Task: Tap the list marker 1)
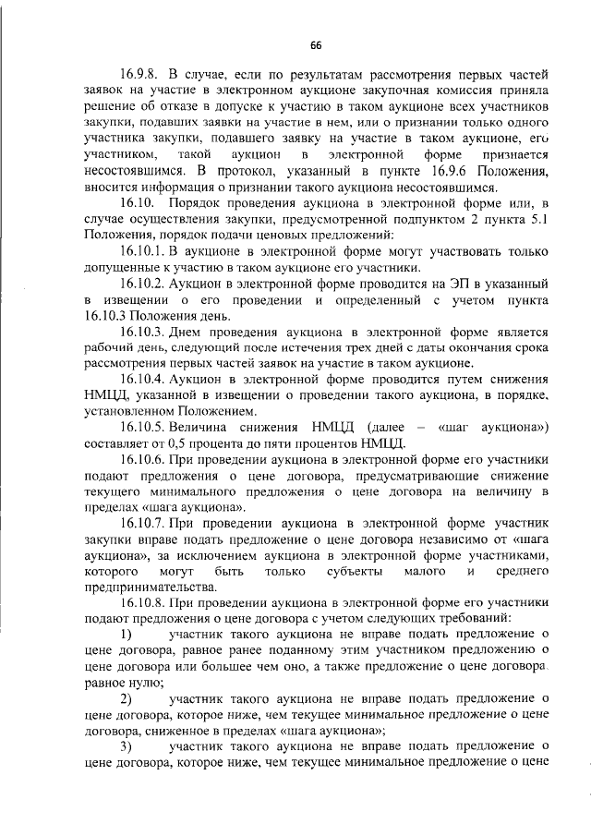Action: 127,635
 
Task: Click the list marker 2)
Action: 127,698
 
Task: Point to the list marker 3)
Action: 127,746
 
